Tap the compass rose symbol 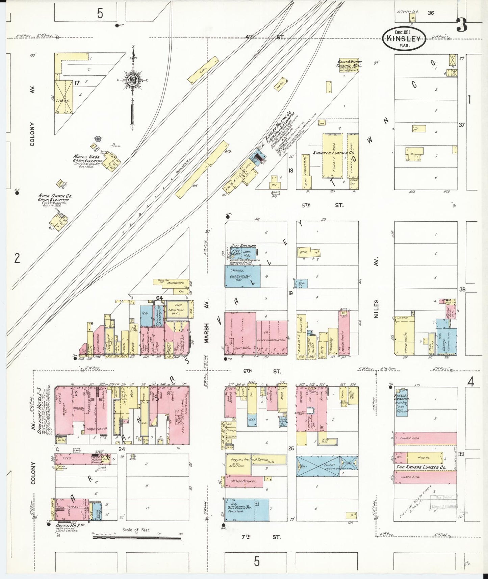[132, 80]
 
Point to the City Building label [243, 246]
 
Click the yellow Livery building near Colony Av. [64, 97]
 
